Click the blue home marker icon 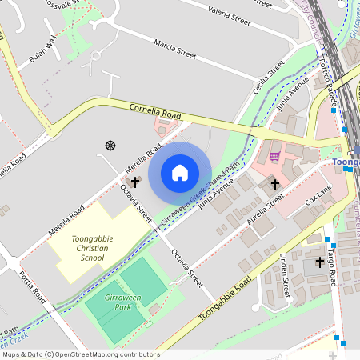pyautogui.click(x=180, y=173)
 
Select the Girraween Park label pyautogui.click(x=123, y=302)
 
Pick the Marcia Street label pyautogui.click(x=174, y=50)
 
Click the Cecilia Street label pyautogui.click(x=269, y=78)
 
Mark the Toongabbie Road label pyautogui.click(x=225, y=298)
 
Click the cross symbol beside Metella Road pyautogui.click(x=135, y=182)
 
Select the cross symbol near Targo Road pyautogui.click(x=319, y=261)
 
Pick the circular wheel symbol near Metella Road pyautogui.click(x=110, y=145)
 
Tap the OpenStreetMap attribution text pyautogui.click(x=80, y=354)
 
